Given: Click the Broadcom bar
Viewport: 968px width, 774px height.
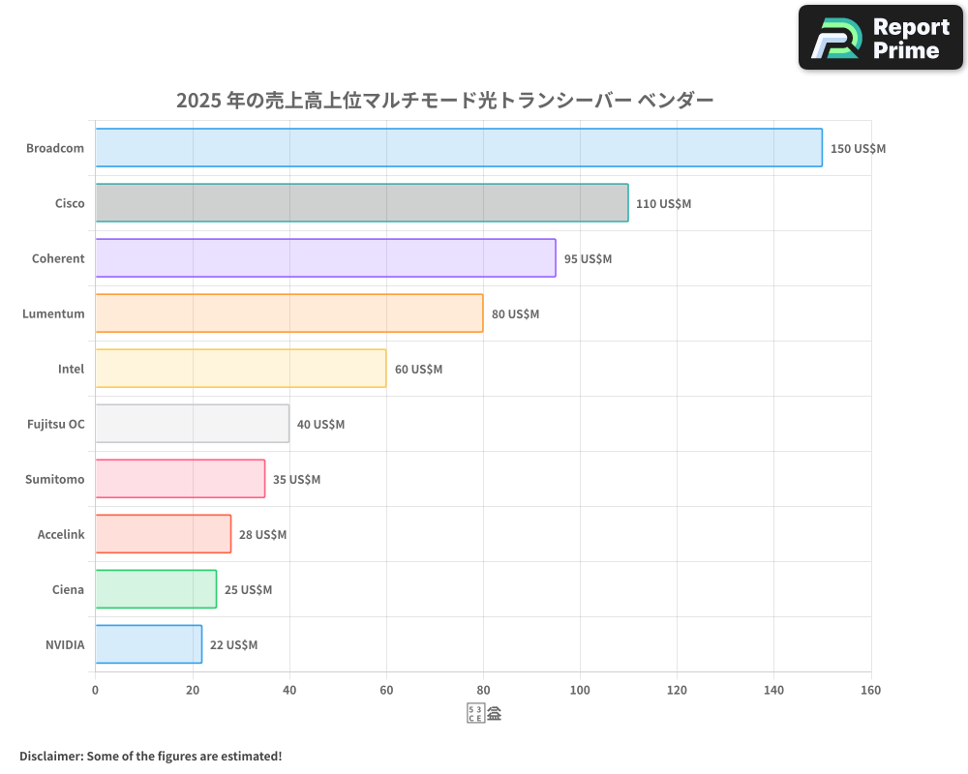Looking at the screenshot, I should click(x=459, y=148).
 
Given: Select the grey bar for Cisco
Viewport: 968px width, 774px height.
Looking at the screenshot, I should click(x=362, y=203).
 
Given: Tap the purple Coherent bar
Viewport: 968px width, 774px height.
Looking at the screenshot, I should click(x=325, y=258).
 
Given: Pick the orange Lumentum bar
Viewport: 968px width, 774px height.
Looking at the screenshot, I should click(x=289, y=313).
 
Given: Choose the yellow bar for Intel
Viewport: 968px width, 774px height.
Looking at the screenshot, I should click(x=241, y=369).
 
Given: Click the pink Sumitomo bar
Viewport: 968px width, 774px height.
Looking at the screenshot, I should click(x=180, y=479).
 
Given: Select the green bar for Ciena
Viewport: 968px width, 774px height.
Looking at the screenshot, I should click(x=156, y=589).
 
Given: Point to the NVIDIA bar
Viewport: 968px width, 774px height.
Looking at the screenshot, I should click(x=149, y=644).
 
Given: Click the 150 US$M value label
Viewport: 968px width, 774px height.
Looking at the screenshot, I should click(x=858, y=149).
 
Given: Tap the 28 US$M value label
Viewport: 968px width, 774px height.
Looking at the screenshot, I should click(x=262, y=535).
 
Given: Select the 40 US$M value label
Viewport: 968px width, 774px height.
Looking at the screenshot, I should click(x=320, y=425).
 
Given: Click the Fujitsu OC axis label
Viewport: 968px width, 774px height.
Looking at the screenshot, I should click(x=55, y=424).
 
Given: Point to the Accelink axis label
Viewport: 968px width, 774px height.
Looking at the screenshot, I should click(x=61, y=534).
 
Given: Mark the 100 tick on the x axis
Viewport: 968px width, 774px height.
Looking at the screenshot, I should click(x=580, y=690).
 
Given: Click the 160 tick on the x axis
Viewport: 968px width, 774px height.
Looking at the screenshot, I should click(x=870, y=690).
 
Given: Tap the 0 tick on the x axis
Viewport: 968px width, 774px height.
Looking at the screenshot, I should click(x=95, y=690).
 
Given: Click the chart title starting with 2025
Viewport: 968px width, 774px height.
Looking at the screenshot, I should click(x=444, y=100).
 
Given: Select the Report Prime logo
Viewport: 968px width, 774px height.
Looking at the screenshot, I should click(x=881, y=38).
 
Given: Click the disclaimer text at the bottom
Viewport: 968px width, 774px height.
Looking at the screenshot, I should click(x=150, y=756).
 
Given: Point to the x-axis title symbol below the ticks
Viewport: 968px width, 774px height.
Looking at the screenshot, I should click(x=484, y=714).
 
